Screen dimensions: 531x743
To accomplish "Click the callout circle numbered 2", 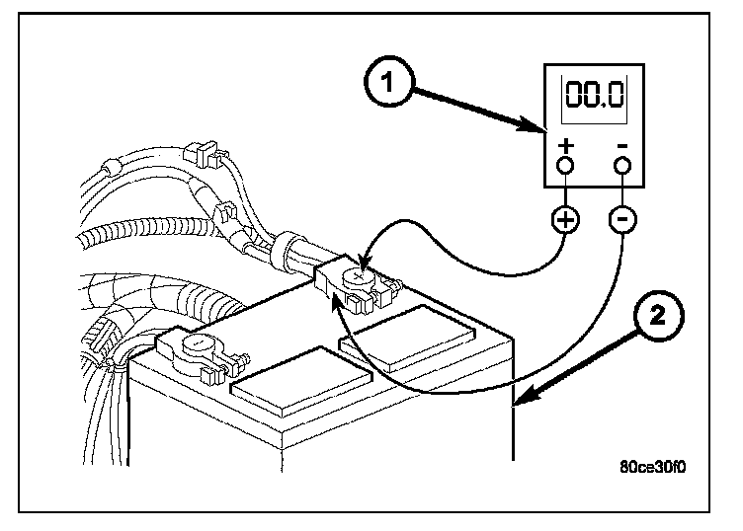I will click(x=657, y=319).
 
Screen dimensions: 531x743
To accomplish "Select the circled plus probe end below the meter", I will click(x=566, y=219).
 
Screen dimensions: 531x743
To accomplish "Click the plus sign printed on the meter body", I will click(x=566, y=147).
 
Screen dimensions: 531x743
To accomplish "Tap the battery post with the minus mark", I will click(x=198, y=345).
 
